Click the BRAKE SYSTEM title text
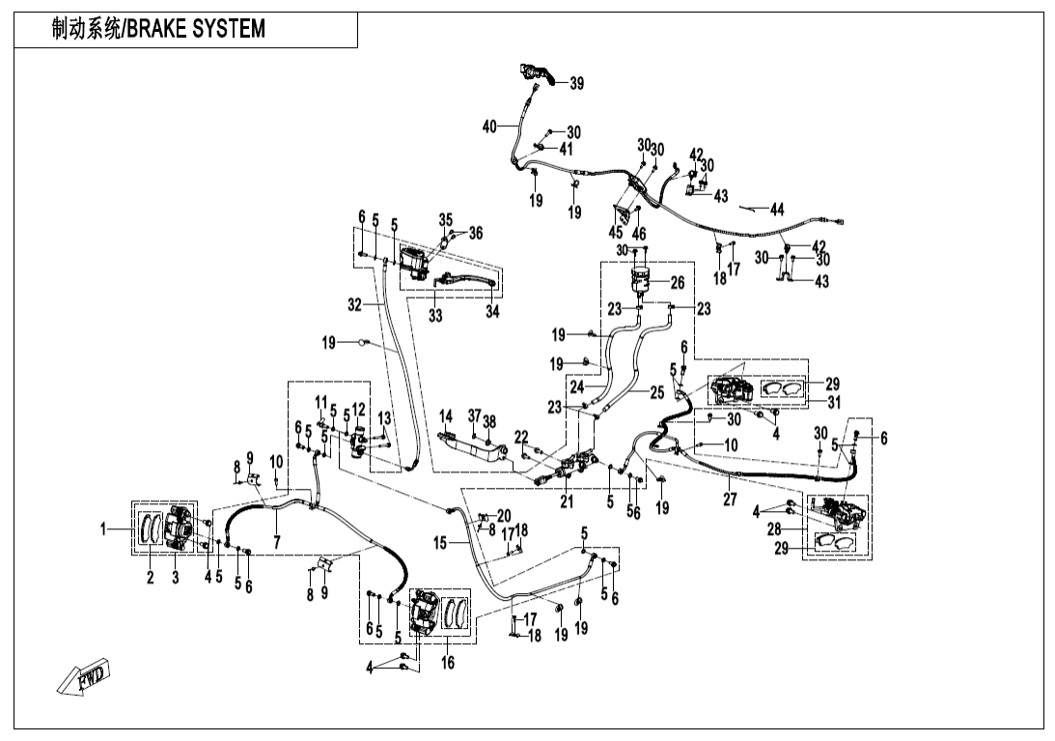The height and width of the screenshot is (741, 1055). [x=158, y=30]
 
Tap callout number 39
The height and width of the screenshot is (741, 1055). [x=576, y=84]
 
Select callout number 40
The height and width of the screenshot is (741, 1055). [x=489, y=127]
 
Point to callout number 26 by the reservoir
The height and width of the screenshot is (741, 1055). [x=677, y=282]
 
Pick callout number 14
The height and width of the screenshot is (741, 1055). [x=446, y=417]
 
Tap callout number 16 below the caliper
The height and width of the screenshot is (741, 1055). [x=447, y=663]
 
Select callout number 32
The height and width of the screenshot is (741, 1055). [x=354, y=303]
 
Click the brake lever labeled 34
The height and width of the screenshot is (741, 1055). [x=468, y=282]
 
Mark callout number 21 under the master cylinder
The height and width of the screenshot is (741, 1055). [x=569, y=500]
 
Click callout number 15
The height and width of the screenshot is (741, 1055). [x=440, y=544]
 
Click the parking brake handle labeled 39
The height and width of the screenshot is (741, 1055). [x=539, y=73]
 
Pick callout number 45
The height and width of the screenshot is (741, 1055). [x=616, y=233]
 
